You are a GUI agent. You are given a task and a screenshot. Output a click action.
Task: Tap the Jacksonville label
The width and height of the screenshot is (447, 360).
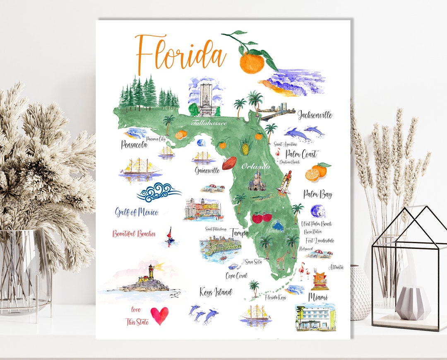point(315,115)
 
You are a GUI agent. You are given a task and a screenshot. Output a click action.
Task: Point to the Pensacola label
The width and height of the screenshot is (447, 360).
point(134,145)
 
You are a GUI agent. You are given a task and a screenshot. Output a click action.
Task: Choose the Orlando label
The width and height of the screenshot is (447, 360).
point(255,167)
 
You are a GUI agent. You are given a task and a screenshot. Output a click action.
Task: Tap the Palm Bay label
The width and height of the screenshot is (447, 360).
point(317,194)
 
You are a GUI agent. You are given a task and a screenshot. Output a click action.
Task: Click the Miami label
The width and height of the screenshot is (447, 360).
point(318,297)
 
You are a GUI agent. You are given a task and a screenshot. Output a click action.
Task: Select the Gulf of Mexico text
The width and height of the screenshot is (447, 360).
point(137,213)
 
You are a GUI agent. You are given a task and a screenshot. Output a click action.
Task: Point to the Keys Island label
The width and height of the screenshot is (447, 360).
point(216,292)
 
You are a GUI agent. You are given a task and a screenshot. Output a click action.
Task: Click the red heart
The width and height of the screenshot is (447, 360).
point(159,315)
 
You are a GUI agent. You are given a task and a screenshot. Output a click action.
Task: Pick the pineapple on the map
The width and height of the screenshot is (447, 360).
point(246,146)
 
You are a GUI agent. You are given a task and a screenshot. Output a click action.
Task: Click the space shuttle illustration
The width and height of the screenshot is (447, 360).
point(285,182)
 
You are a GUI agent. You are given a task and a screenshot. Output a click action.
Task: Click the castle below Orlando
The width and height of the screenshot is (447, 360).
point(257,181)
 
